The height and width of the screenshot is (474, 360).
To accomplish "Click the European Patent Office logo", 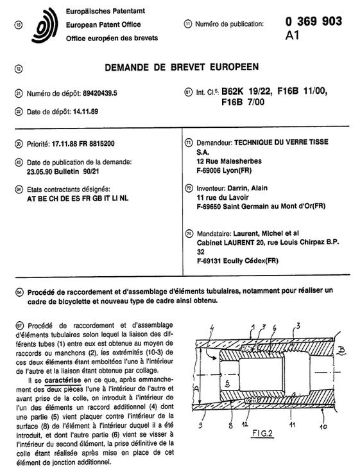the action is [x=45, y=26].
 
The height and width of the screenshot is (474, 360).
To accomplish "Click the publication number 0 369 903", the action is [x=314, y=21].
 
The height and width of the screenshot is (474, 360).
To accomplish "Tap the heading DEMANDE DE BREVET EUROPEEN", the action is [x=182, y=67].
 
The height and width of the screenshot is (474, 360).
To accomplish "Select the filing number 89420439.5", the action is [x=99, y=93].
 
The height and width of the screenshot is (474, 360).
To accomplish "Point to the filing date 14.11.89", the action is [x=85, y=112].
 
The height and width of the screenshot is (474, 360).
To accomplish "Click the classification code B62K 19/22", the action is [x=247, y=91].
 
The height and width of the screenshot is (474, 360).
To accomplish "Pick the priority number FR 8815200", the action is [x=97, y=144].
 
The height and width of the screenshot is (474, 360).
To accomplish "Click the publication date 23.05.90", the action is [x=40, y=171].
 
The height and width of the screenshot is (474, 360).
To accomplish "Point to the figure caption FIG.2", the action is [x=262, y=433].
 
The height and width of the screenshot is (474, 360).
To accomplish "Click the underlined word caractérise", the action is [x=62, y=380].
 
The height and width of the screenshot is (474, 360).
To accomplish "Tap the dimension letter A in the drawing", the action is [x=196, y=389].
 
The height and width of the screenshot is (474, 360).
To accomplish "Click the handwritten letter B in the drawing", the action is [x=341, y=350].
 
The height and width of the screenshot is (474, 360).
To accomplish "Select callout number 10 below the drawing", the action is [x=323, y=426].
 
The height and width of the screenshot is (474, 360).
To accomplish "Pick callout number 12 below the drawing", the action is [x=244, y=424].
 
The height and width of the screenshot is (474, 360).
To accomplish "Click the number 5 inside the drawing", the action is [x=227, y=383].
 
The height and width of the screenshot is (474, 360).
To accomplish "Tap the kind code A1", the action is [x=292, y=35].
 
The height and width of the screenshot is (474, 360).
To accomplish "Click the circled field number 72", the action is [x=189, y=188].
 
